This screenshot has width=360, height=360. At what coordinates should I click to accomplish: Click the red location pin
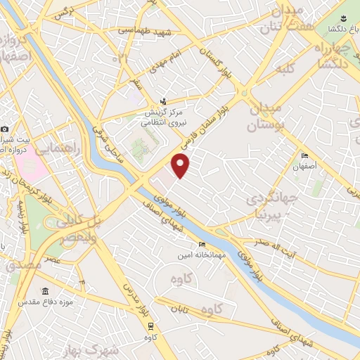point(181,166)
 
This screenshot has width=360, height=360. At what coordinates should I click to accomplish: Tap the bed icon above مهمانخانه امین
point(203,245)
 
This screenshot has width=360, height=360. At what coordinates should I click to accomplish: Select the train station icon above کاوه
point(150,326)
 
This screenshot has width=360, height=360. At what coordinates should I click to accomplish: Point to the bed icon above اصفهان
point(304,156)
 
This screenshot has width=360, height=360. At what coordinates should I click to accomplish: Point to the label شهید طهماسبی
point(140,30)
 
